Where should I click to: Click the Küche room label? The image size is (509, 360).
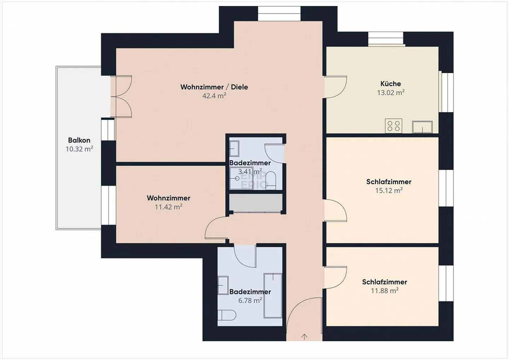pos(391,84)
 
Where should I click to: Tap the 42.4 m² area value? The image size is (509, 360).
pos(214,96)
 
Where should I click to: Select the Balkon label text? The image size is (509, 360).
pos(79,140)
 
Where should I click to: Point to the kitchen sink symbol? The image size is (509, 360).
pos(422,127)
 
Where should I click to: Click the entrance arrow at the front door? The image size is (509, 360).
pos(304,337)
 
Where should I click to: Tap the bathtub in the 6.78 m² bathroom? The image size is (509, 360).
pos(273,295)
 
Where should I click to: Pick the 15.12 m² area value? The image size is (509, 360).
pos(389,191)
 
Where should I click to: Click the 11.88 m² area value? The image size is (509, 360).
pos(385,291)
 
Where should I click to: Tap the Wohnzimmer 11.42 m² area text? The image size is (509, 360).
pos(169,207)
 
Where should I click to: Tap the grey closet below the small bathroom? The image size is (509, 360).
pos(256,203)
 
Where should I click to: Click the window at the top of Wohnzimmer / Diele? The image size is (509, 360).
pos(279,13)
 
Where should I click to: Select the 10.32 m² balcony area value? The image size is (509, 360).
pos(79,149)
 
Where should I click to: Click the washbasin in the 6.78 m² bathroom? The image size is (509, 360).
pos(223,285)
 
